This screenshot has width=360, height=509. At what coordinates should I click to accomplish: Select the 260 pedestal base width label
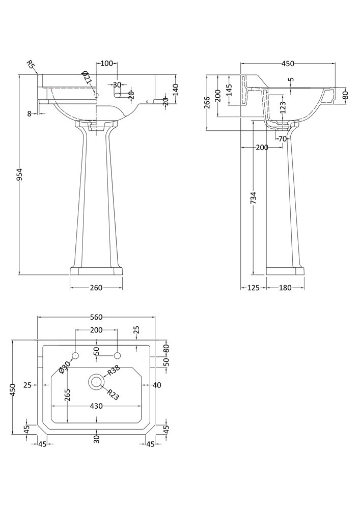pyautogui.click(x=96, y=288)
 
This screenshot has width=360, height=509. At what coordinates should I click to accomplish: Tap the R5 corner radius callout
pyautogui.click(x=31, y=65)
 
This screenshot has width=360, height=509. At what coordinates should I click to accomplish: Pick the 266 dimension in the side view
pyautogui.click(x=207, y=102)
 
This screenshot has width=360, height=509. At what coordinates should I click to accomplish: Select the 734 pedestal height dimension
pyautogui.click(x=254, y=198)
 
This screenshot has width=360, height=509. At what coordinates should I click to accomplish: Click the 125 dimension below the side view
pyautogui.click(x=254, y=288)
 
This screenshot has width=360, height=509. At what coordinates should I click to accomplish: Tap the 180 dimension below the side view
pyautogui.click(x=285, y=288)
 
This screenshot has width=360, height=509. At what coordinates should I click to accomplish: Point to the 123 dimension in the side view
pyautogui.click(x=283, y=107)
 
